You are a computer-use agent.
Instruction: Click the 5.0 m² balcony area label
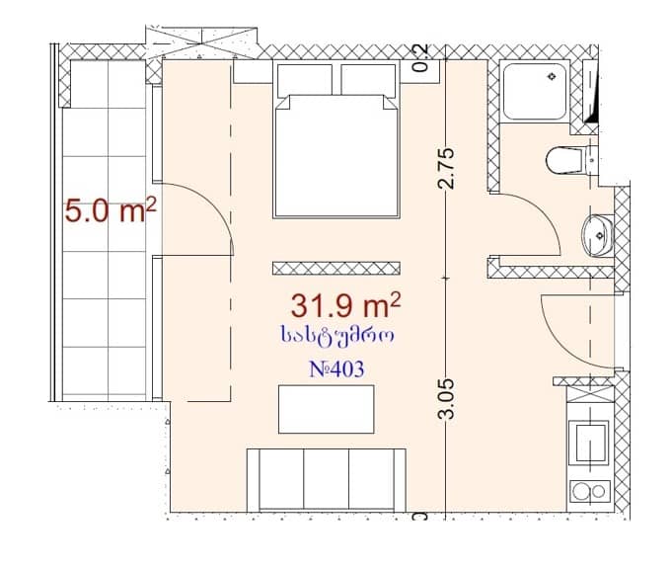pyautogui.click(x=111, y=211)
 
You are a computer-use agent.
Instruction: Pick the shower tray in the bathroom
pyautogui.click(x=534, y=92)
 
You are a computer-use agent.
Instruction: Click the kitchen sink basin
pyautogui.click(x=590, y=438)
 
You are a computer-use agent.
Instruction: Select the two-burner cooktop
pyautogui.click(x=589, y=491)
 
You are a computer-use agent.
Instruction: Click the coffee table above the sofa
pyautogui.click(x=326, y=409)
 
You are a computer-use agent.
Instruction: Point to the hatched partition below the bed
pyautogui.click(x=336, y=267)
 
